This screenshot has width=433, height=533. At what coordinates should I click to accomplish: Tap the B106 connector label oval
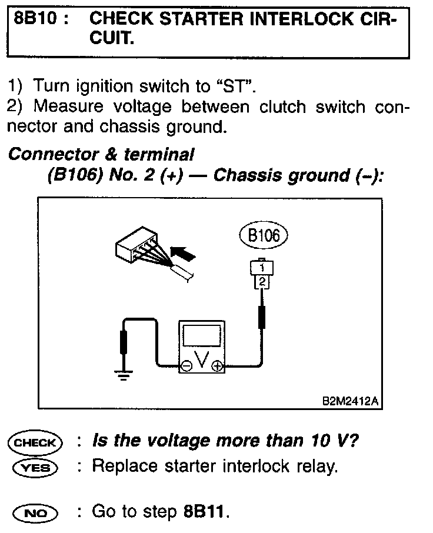pyautogui.click(x=264, y=236)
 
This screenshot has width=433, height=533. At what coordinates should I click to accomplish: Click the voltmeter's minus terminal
pyautogui.click(x=186, y=366)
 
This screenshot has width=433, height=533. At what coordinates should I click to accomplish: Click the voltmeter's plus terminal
pyautogui.click(x=217, y=366)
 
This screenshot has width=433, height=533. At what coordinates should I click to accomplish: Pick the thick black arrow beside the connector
pyautogui.click(x=183, y=254)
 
